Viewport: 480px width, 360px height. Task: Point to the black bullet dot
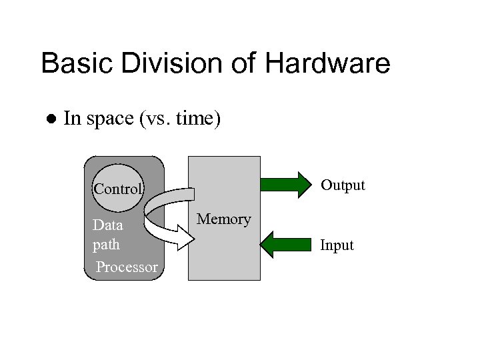click(49, 120)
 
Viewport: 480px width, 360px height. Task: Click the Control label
click(118, 189)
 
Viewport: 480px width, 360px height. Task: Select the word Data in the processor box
click(107, 225)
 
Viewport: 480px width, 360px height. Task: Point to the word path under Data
click(106, 245)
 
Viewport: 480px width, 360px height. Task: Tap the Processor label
click(127, 268)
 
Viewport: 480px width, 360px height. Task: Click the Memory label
click(224, 219)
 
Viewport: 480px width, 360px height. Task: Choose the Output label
click(343, 185)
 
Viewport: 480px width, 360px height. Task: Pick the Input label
click(337, 245)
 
